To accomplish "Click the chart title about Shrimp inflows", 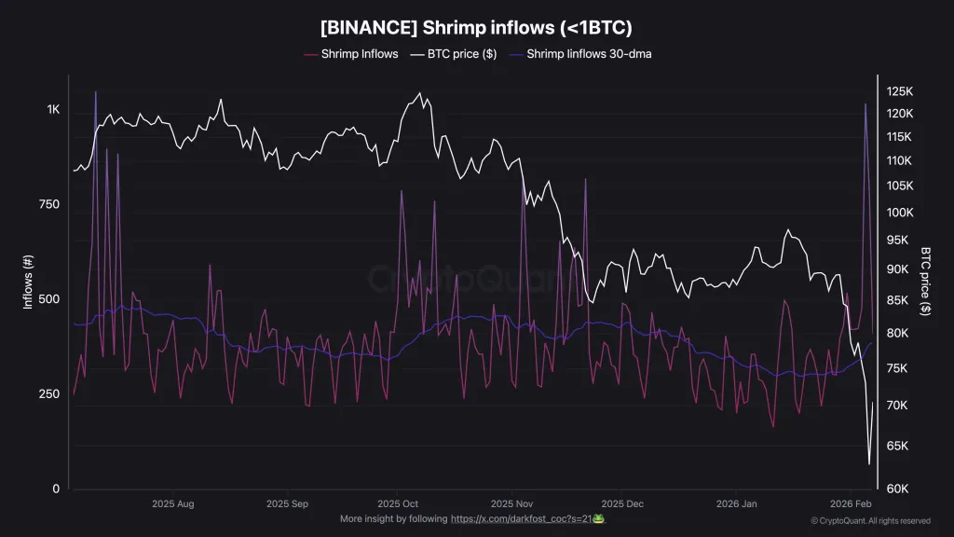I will pyautogui.click(x=476, y=27).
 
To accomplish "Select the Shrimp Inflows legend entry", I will pyautogui.click(x=360, y=54).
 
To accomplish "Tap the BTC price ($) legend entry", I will pyautogui.click(x=457, y=54).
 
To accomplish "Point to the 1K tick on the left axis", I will pyautogui.click(x=53, y=109).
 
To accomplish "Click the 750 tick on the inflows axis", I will pyautogui.click(x=49, y=204).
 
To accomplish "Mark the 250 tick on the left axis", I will pyautogui.click(x=49, y=393).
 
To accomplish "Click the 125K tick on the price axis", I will pyautogui.click(x=899, y=91).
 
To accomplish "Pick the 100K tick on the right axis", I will pyautogui.click(x=899, y=213).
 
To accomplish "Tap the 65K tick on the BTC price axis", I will pyautogui.click(x=897, y=446).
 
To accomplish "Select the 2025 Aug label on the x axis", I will pyautogui.click(x=172, y=503).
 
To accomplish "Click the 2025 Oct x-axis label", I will pyautogui.click(x=396, y=503).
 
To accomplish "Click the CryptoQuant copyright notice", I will pyautogui.click(x=870, y=520).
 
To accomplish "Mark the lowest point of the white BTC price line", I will pyautogui.click(x=868, y=463).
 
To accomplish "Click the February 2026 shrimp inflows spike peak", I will pyautogui.click(x=865, y=103).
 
